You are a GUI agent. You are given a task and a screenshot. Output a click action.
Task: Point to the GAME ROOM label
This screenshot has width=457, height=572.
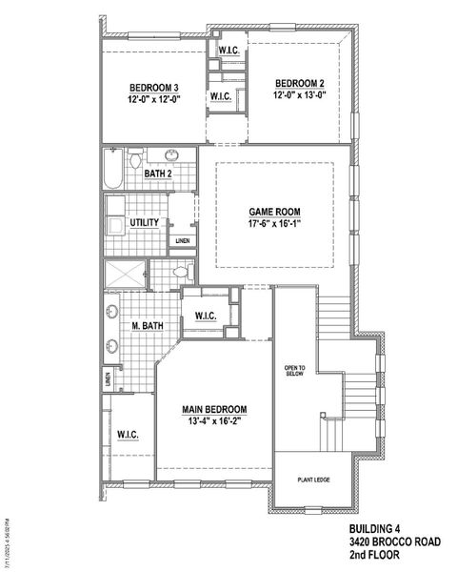[274, 213]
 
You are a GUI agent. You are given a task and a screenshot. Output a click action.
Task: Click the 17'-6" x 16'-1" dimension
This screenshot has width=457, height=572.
[274, 226]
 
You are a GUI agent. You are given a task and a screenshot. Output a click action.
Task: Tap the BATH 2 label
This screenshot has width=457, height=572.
[157, 174]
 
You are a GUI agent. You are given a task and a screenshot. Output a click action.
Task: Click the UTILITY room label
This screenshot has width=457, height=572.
[144, 222]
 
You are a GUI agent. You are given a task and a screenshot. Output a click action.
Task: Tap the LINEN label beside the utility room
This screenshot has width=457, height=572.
[181, 241]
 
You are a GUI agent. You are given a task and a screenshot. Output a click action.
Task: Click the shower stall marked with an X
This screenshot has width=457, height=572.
[123, 274]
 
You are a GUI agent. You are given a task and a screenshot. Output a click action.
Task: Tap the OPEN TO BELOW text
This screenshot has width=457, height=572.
[294, 371]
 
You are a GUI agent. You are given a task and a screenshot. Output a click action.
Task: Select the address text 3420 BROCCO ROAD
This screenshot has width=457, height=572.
[393, 541]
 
